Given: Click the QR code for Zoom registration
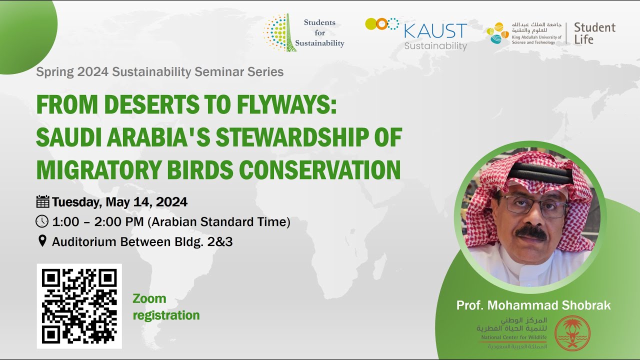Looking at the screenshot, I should tap(79, 306).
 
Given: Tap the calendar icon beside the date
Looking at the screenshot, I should tap(42, 202).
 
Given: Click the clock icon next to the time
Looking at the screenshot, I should tap(42, 221).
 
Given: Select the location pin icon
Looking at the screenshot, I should tap(42, 241).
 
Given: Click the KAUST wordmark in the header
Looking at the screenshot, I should tap(435, 31).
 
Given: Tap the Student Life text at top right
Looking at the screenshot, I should tap(594, 33).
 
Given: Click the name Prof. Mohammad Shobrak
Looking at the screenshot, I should tap(533, 305).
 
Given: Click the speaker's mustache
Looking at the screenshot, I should tap(531, 232).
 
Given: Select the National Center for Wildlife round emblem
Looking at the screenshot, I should tap(572, 333).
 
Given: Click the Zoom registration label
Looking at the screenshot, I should tap(165, 307).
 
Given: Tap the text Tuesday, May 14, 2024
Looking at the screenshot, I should tap(119, 202).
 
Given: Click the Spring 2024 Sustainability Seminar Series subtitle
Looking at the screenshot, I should tap(159, 72).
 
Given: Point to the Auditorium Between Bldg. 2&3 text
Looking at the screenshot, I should tap(142, 242).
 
